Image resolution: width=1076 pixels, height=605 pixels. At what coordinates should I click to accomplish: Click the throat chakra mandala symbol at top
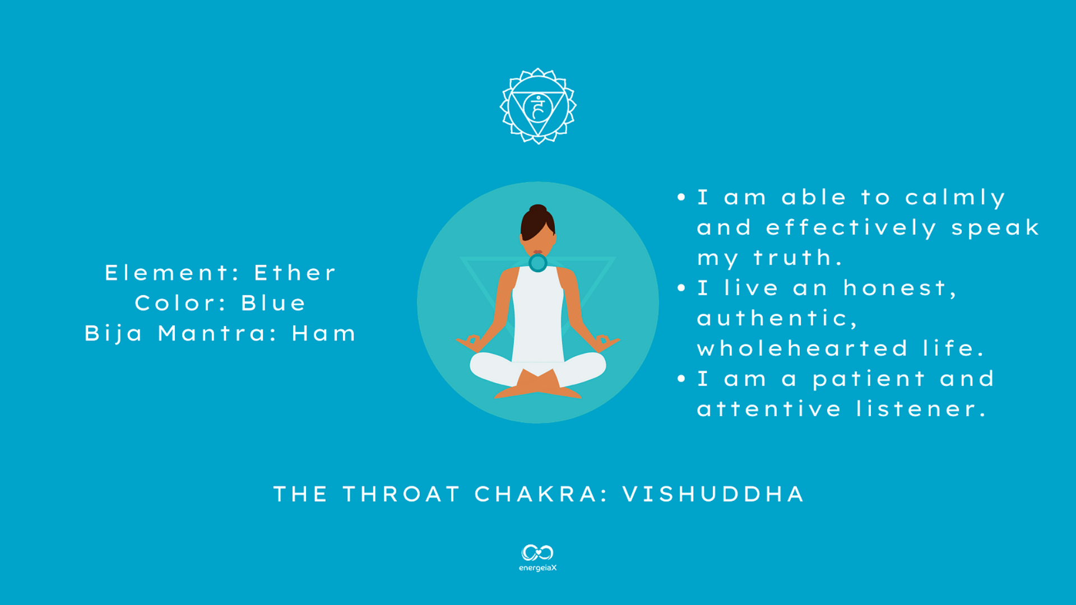[x=538, y=106]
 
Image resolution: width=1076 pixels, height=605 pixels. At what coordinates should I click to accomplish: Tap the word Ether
[x=295, y=273]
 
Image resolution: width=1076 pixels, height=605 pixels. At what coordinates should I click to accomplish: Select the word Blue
[x=273, y=303]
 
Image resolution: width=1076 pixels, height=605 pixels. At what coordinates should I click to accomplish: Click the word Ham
[x=323, y=333]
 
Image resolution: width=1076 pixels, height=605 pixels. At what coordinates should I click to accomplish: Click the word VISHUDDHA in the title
[x=713, y=494]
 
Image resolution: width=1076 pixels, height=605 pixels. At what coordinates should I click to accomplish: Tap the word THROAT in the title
[x=401, y=494]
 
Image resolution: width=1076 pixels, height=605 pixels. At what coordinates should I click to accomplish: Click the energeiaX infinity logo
[x=537, y=553]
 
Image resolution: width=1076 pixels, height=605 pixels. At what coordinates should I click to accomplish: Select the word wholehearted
[x=802, y=348]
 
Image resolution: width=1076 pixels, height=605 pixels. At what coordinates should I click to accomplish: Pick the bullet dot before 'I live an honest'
[x=681, y=288]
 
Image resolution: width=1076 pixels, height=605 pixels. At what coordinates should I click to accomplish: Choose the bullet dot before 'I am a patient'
[x=681, y=379]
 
